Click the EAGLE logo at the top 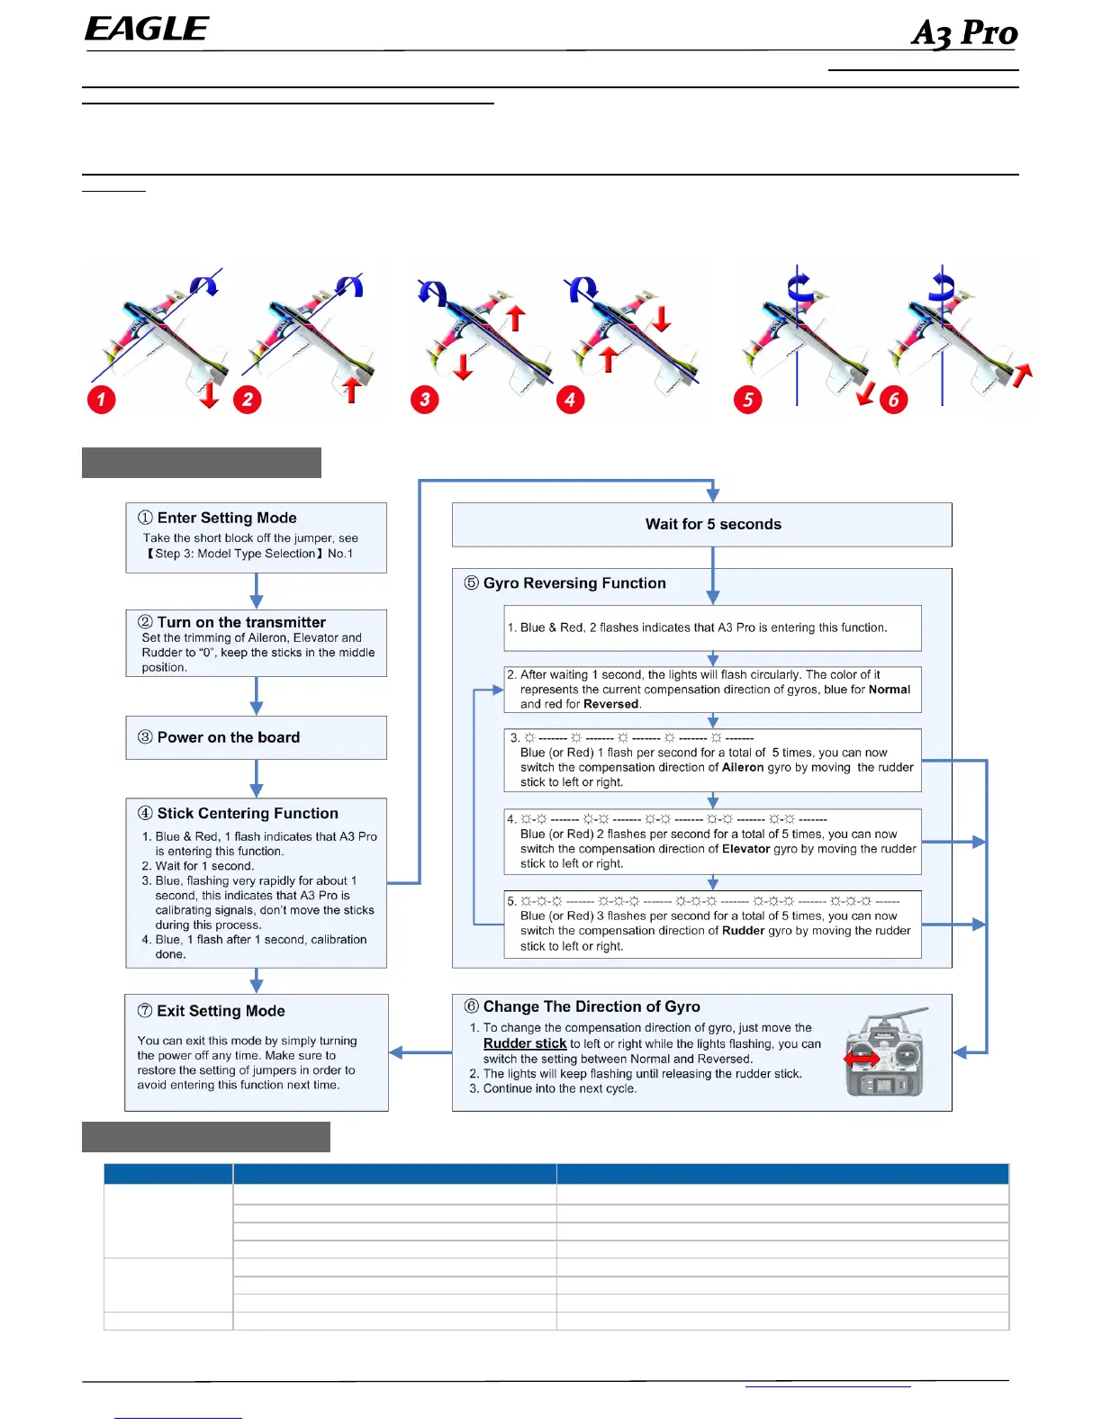click(147, 30)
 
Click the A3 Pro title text click(963, 33)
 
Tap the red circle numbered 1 click(102, 399)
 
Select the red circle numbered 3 click(425, 399)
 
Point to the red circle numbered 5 click(748, 399)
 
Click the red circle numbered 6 click(893, 399)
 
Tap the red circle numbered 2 click(248, 399)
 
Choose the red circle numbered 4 click(570, 399)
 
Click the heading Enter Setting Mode click(226, 518)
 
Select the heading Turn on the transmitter click(240, 622)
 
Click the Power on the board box click(256, 737)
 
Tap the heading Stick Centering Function click(247, 813)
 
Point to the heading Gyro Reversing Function click(574, 583)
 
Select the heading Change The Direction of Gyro click(591, 1006)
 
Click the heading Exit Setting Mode click(220, 1011)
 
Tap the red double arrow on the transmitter click(862, 1060)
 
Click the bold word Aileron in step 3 click(743, 768)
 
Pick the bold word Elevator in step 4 click(745, 849)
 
